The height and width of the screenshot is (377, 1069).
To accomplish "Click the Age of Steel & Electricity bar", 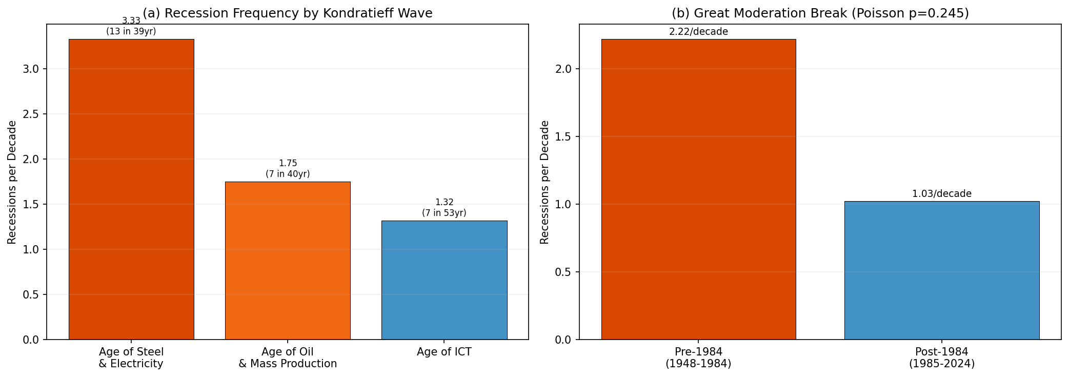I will (x=131, y=189).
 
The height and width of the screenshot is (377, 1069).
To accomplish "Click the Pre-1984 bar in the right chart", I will (x=698, y=189).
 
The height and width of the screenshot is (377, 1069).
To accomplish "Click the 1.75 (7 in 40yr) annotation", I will (x=288, y=169).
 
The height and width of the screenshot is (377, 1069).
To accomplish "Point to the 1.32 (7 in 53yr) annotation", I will (x=444, y=208).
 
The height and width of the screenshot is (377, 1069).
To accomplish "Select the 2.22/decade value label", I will (x=698, y=32).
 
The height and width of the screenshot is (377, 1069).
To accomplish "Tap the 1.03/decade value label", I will (x=941, y=194).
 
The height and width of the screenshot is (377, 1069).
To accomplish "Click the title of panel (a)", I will (x=287, y=13).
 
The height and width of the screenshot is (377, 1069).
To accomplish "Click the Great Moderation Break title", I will (x=820, y=13).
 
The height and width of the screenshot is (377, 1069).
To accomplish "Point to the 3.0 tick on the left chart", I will (x=31, y=69).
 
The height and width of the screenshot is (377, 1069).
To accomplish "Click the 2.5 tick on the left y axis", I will (x=31, y=114).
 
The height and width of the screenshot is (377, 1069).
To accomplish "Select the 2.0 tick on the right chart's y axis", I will (x=563, y=69).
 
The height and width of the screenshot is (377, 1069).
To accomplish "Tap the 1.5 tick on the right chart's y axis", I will (x=563, y=137).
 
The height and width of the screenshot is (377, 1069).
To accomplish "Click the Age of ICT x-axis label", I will (x=444, y=352).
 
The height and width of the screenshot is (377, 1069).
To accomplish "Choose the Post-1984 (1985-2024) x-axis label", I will (x=941, y=358).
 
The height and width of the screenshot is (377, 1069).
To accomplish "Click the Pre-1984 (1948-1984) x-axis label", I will (x=698, y=358).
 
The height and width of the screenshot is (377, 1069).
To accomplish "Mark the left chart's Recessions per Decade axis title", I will (x=12, y=182).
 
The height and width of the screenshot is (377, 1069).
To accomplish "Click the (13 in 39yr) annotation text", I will (x=131, y=32).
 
